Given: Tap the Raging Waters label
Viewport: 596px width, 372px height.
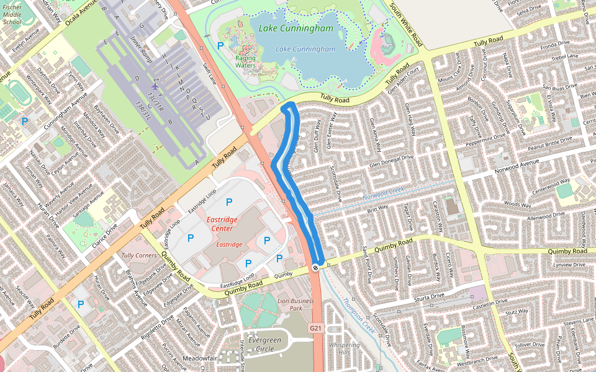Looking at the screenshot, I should click(245, 61).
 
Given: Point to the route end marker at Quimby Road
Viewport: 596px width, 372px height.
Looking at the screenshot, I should click(316, 267).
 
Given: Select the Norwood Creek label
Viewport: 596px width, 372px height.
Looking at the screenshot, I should click(383, 196).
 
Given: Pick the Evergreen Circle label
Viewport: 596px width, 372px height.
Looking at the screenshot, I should click(264, 344).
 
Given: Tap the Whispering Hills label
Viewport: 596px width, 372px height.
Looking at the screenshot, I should click(345, 348).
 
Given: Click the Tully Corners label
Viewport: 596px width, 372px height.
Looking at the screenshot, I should click(139, 255).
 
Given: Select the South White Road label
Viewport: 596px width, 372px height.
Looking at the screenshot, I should click(407, 25).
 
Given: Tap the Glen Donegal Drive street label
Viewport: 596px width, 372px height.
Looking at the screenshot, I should click(391, 161).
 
